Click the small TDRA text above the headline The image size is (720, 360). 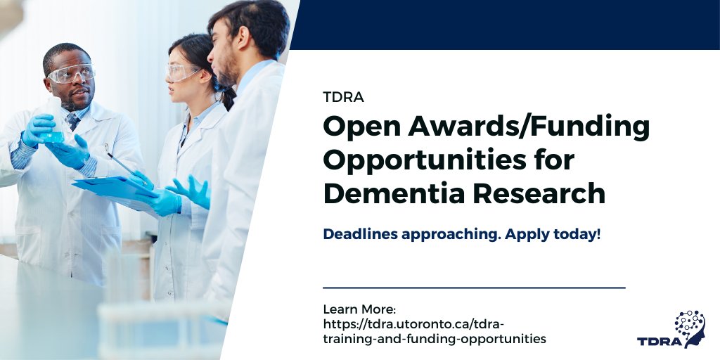click(343, 98)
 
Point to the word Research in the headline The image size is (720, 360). click(549, 193)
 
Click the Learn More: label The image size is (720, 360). click(359, 309)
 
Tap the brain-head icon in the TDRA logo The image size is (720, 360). click(690, 326)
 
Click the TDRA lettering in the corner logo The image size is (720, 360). click(659, 342)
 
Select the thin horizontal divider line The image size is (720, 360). click(474, 288)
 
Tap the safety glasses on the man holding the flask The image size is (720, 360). click(71, 73)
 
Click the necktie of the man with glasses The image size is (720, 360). click(74, 121)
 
